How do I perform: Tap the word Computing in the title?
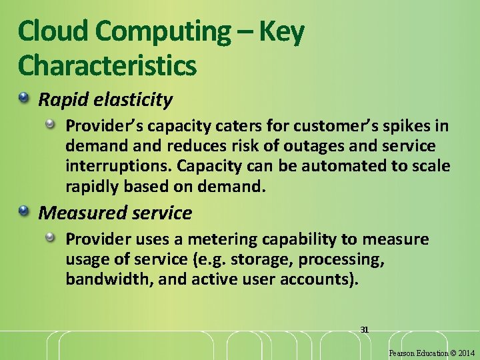pos(160,31)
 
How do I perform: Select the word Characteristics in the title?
pos(107,65)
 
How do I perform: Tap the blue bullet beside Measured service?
pos(25,212)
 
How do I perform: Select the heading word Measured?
pos(75,213)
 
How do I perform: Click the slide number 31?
pos(364,329)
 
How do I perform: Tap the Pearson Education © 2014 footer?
pos(431,352)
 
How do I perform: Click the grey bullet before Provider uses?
pos(50,238)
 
